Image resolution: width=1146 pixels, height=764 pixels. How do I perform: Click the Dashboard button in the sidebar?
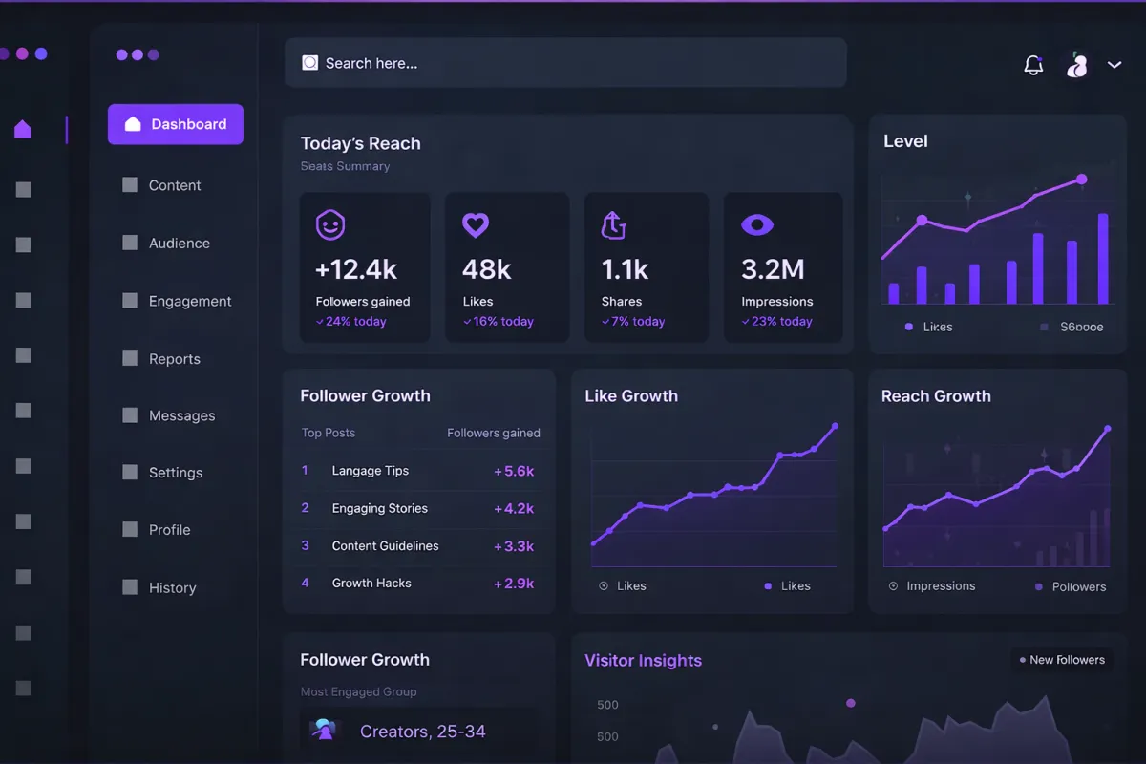pyautogui.click(x=176, y=124)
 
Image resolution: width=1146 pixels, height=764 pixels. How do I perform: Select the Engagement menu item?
pyautogui.click(x=189, y=301)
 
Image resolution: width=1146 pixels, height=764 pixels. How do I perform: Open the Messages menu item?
pyautogui.click(x=181, y=415)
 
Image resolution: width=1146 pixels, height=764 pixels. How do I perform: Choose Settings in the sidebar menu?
pyautogui.click(x=175, y=473)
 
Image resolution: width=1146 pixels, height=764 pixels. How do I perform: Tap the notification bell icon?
pyautogui.click(x=1033, y=65)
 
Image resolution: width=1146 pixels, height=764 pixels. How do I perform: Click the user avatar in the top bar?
pyautogui.click(x=1077, y=65)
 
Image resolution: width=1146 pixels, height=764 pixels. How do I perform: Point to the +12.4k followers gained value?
pyautogui.click(x=356, y=269)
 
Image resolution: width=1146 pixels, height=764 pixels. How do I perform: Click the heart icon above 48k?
pyautogui.click(x=476, y=225)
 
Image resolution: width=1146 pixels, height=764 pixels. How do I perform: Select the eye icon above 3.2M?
pyautogui.click(x=757, y=225)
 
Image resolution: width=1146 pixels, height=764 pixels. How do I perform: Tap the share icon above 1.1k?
pyautogui.click(x=613, y=225)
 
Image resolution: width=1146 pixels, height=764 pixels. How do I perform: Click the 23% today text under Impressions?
pyautogui.click(x=781, y=322)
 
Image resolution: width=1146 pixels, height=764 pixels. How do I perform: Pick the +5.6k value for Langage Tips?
pyautogui.click(x=514, y=471)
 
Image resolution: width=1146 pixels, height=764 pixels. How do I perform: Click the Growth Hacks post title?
pyautogui.click(x=371, y=583)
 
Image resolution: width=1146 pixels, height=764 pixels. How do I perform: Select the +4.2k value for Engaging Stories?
pyautogui.click(x=514, y=508)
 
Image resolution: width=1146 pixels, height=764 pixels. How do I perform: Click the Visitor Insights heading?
pyautogui.click(x=643, y=660)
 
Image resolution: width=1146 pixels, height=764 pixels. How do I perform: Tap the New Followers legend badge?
pyautogui.click(x=1061, y=660)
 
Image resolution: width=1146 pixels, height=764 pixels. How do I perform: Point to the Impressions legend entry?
pyautogui.click(x=940, y=585)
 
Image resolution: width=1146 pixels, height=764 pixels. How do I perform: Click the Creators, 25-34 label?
pyautogui.click(x=422, y=732)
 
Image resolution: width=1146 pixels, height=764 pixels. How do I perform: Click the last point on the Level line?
pyautogui.click(x=1082, y=179)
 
